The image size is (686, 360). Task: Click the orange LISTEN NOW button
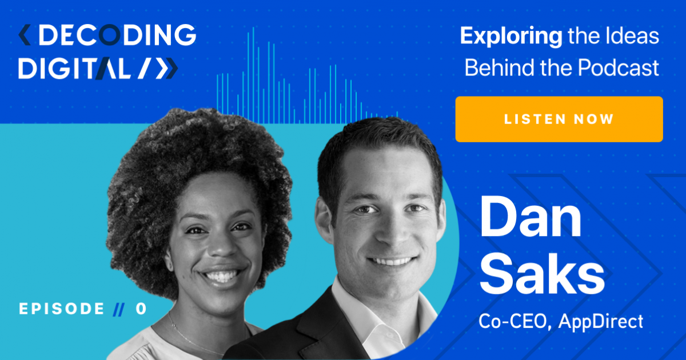559,119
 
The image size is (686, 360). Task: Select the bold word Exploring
510,37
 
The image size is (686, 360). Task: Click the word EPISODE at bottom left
62,309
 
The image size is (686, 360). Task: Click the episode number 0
141,309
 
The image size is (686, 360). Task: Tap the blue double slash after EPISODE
118,309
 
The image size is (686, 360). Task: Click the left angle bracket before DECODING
23,36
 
